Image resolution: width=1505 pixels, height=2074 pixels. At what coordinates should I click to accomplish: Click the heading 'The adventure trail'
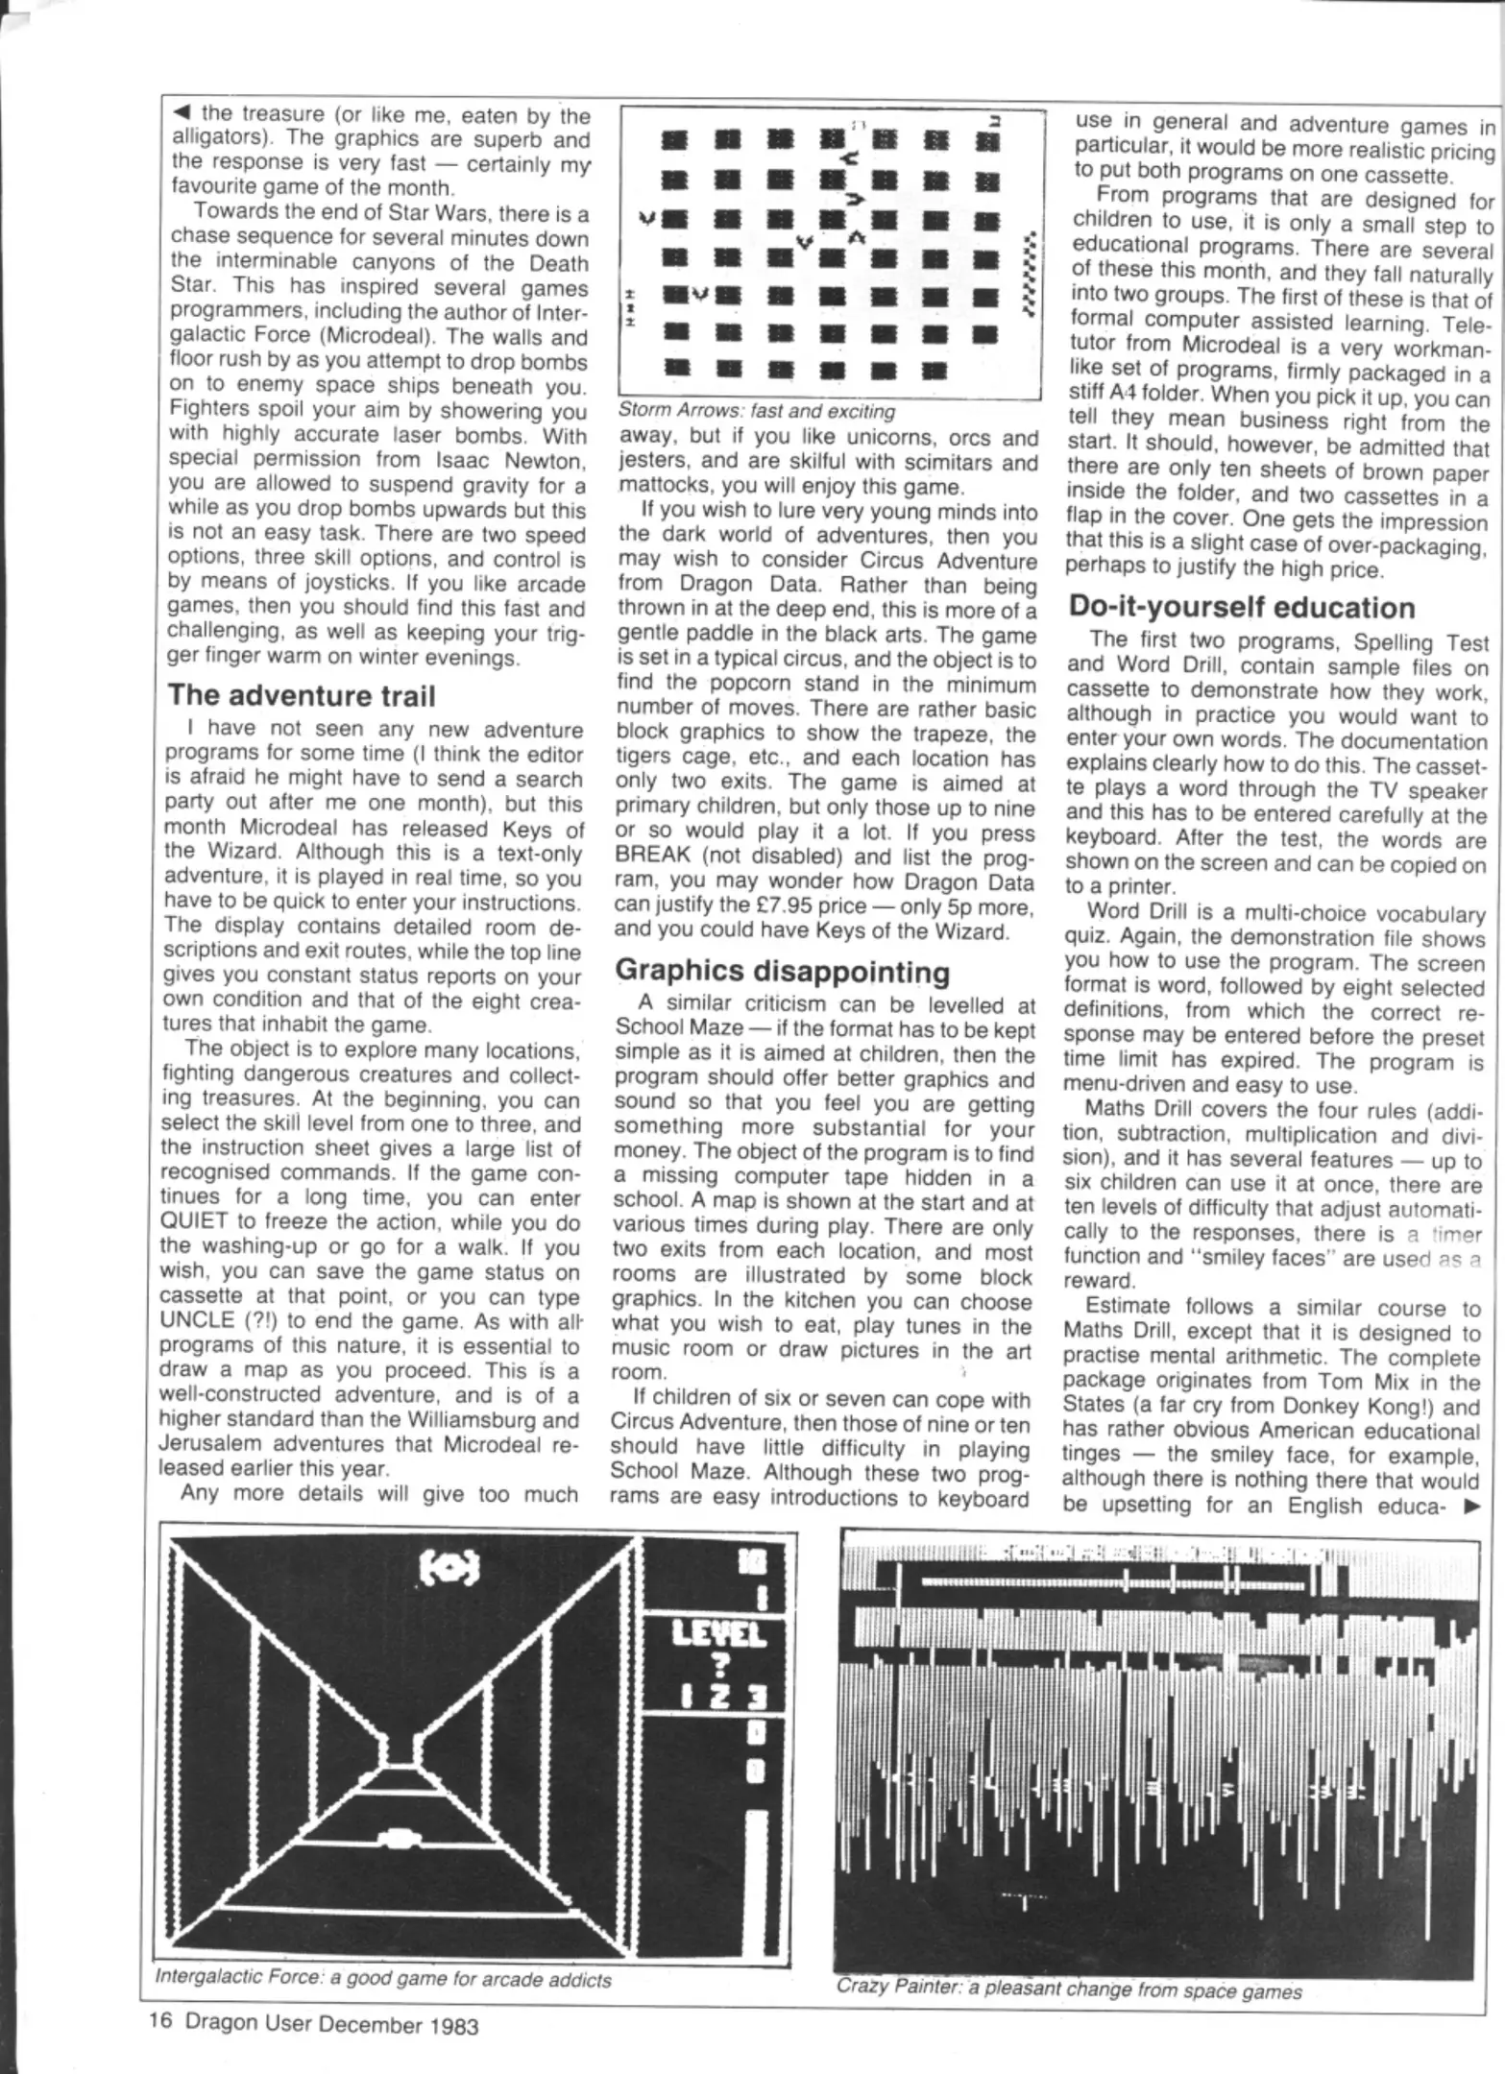(302, 695)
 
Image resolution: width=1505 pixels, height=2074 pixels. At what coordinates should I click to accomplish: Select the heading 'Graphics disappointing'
(782, 971)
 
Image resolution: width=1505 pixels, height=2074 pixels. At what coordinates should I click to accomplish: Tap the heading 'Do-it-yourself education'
(1242, 608)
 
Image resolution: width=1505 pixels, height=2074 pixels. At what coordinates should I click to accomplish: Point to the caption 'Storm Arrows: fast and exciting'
(757, 412)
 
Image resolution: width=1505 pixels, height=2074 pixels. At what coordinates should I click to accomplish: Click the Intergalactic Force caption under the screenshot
(383, 1979)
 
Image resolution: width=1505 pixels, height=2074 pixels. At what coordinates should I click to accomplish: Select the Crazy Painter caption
(1068, 1990)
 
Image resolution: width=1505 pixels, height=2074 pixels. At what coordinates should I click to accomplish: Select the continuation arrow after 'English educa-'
(1469, 1507)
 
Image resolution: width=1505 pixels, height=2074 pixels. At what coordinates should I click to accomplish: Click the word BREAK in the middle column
(651, 857)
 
